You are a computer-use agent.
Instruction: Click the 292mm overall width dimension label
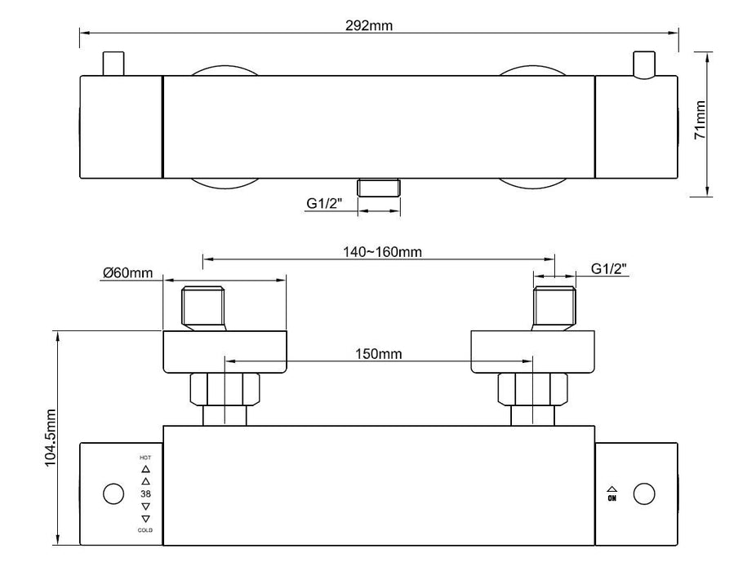(x=369, y=25)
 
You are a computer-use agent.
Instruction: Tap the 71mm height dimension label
(x=700, y=120)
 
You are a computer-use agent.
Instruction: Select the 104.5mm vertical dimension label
(x=51, y=438)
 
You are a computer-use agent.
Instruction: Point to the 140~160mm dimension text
(x=382, y=251)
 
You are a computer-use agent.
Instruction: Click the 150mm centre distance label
(x=379, y=354)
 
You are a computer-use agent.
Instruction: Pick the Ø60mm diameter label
(x=127, y=272)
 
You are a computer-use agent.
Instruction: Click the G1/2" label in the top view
(x=324, y=203)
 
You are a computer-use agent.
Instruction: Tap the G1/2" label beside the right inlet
(x=609, y=268)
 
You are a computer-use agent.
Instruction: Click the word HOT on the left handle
(x=145, y=458)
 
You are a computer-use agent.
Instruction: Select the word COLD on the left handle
(x=145, y=530)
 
